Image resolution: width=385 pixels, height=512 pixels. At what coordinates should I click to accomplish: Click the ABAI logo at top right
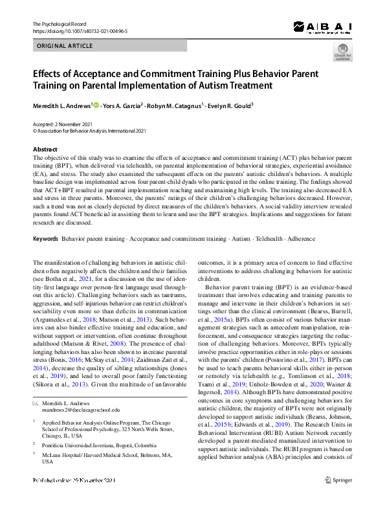(322, 27)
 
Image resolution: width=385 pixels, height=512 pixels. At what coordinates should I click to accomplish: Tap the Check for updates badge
(342, 53)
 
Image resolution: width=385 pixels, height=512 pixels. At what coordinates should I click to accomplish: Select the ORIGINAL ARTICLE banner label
(65, 46)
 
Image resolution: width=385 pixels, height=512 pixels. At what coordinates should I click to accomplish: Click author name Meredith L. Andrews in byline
(62, 105)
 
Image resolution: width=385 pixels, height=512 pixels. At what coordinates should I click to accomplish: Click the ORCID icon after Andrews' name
(97, 104)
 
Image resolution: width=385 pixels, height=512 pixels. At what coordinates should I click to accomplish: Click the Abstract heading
(45, 150)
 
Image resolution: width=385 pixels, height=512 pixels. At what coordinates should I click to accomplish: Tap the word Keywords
(46, 239)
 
